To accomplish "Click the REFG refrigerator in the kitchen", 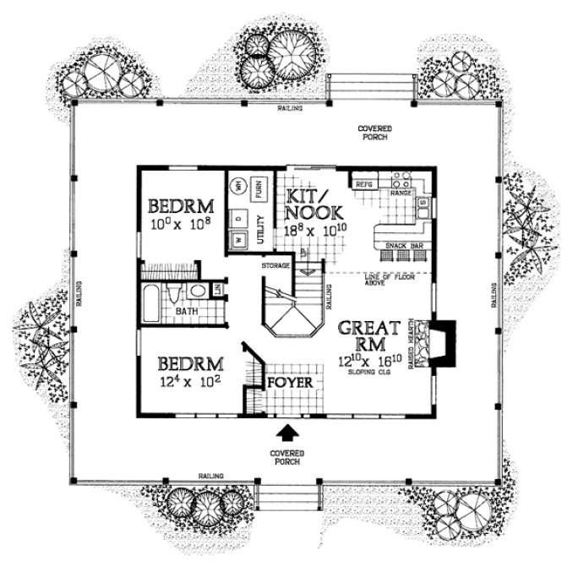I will [x=364, y=182].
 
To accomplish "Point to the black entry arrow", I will [x=288, y=433].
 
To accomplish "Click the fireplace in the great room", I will [x=441, y=343].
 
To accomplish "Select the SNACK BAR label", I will [x=398, y=246].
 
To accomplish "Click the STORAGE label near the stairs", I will [x=275, y=266].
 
